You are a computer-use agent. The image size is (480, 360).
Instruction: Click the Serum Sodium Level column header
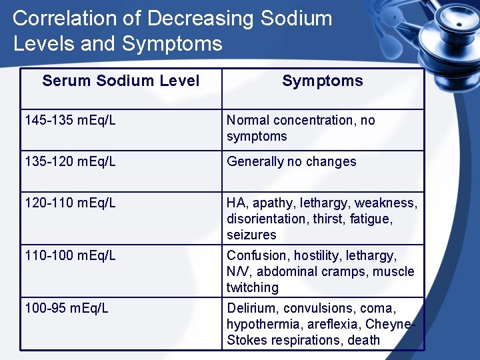point(121,81)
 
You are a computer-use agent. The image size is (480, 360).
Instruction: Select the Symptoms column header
point(323,81)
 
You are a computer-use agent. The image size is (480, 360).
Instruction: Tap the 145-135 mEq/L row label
point(70,121)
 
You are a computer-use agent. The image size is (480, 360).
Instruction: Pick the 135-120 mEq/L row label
point(70,162)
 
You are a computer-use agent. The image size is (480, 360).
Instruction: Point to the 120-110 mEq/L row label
point(70,203)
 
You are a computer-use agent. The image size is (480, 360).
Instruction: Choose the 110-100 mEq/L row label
point(70,256)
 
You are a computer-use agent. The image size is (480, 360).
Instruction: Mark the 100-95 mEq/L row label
point(67,309)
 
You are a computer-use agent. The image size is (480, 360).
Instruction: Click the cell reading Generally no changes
point(291,162)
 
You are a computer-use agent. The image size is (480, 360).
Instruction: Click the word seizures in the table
point(251,235)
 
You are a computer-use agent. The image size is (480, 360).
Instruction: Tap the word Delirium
point(253,309)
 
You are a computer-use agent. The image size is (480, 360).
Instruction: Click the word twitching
point(253,288)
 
